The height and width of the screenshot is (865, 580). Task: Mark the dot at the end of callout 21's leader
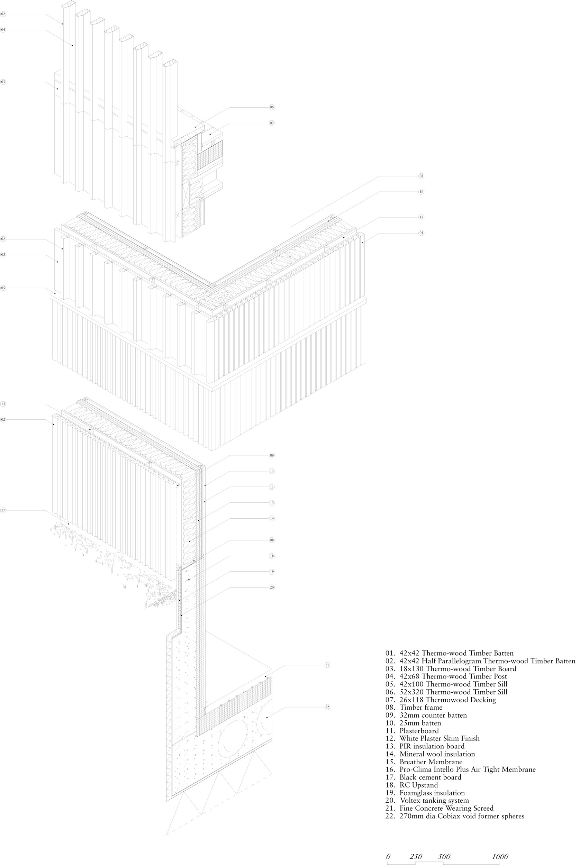coord(265,676)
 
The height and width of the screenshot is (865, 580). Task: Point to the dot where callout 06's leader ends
coord(195,127)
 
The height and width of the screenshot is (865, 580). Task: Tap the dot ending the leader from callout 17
coord(69,523)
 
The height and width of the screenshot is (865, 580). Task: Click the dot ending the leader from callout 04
coord(72,45)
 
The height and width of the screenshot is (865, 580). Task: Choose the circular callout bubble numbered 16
coord(421,192)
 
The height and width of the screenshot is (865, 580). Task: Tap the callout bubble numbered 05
coord(3,288)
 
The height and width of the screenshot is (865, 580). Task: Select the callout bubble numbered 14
coord(272,518)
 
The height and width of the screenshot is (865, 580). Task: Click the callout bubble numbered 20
coord(272,587)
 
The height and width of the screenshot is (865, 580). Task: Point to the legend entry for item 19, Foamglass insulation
coord(425,793)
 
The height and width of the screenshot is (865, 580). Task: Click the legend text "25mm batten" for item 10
coord(413,723)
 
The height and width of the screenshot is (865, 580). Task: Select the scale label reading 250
coord(416,846)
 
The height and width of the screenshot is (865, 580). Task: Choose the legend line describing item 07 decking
coord(441,700)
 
